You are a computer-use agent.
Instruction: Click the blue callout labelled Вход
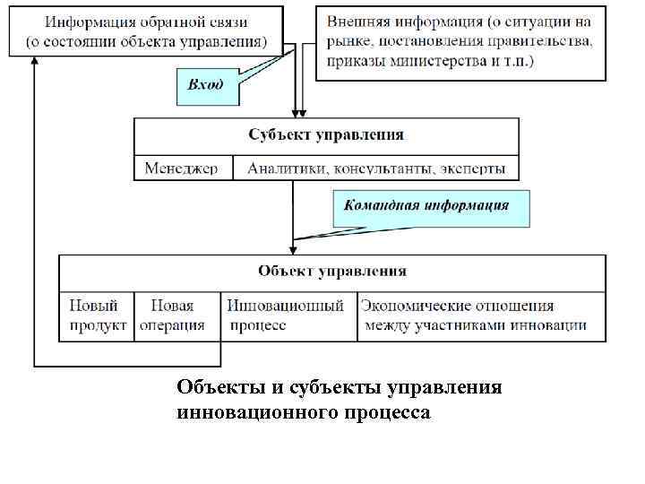pos(205,85)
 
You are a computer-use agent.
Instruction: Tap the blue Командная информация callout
pos(432,205)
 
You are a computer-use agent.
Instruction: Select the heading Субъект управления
pos(326,135)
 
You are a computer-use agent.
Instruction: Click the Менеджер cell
pos(182,169)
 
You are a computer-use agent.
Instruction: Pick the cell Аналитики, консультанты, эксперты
pos(376,169)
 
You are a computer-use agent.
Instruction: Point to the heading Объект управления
pos(332,271)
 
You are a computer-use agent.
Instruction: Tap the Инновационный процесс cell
pos(286,315)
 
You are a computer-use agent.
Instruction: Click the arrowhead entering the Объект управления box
pos(293,251)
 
